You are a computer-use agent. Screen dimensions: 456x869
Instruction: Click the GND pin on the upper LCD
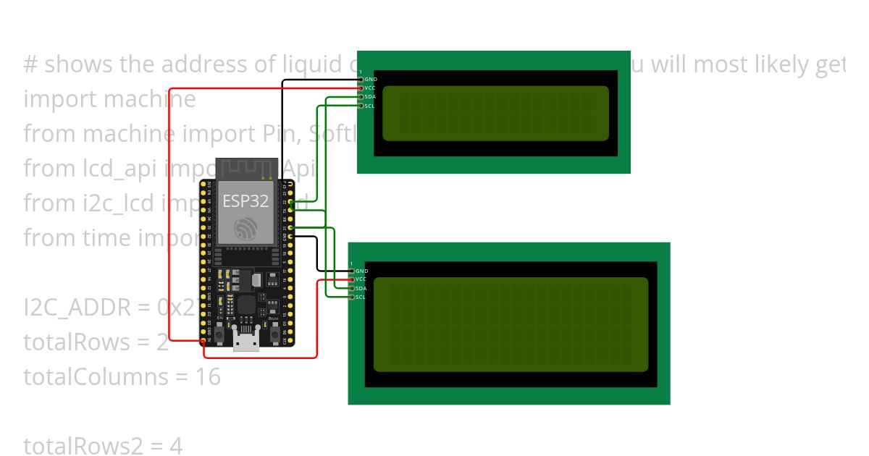pyautogui.click(x=361, y=79)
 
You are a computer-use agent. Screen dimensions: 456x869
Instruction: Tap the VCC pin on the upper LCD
pyautogui.click(x=361, y=88)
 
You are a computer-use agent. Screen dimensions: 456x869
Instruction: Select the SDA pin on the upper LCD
pyautogui.click(x=361, y=96)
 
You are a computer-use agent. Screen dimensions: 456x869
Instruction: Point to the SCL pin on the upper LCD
pyautogui.click(x=361, y=106)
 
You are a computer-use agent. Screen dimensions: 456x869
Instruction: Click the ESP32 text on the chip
pyautogui.click(x=245, y=200)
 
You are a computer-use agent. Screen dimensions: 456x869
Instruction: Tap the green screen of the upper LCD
pyautogui.click(x=495, y=113)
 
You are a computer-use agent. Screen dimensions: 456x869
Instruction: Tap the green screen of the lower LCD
pyautogui.click(x=511, y=324)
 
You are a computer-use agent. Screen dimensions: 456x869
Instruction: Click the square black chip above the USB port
pyautogui.click(x=246, y=304)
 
